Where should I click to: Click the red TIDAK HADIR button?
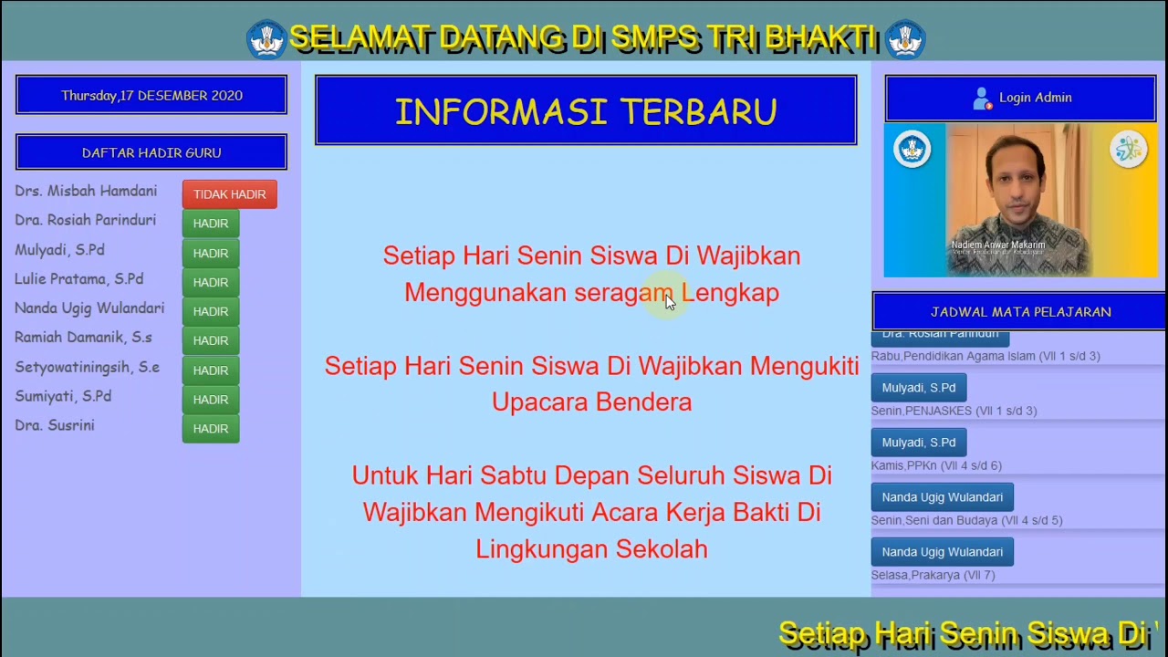[229, 194]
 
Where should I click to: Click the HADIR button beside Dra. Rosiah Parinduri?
[211, 224]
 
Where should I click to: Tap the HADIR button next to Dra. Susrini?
[211, 429]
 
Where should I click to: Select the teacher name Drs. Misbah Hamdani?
[86, 192]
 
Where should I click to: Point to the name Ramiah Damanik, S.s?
[83, 338]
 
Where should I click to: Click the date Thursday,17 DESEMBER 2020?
[151, 96]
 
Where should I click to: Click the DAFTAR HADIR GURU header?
[151, 152]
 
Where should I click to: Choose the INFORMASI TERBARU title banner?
[586, 111]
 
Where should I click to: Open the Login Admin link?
[1035, 98]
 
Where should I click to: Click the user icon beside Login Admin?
[982, 98]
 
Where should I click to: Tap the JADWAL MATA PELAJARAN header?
[1020, 312]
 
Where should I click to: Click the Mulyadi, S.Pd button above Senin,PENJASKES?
[918, 388]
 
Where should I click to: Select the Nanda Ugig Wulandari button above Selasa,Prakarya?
[942, 552]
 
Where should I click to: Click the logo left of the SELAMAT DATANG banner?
[266, 39]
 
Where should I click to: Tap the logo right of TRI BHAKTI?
[905, 39]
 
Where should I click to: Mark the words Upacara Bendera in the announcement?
[591, 402]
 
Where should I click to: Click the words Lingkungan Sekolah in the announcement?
[591, 549]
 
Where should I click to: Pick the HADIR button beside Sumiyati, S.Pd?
[211, 400]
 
